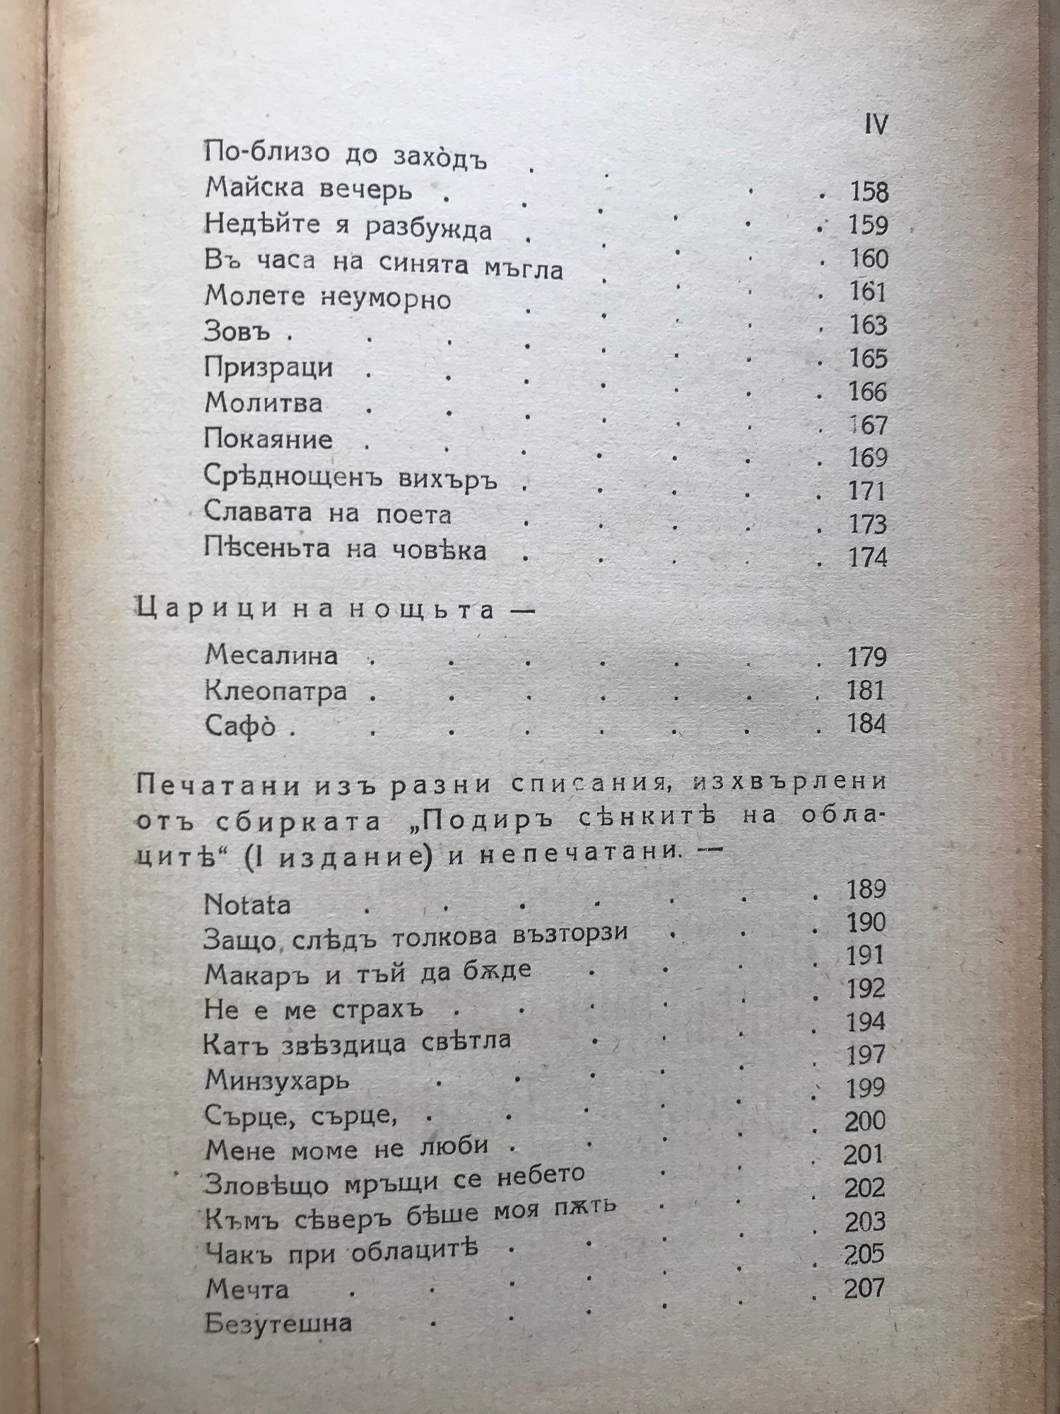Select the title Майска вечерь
pos(309,190)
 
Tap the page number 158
pos(867,192)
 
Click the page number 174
pos(867,558)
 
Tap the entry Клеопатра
pos(276,691)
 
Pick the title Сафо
pos(240,726)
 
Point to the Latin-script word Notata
pos(247,904)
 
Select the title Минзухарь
pos(277,1080)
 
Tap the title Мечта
pos(247,1289)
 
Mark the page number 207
pos(864,1288)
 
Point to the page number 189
pos(866,889)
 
